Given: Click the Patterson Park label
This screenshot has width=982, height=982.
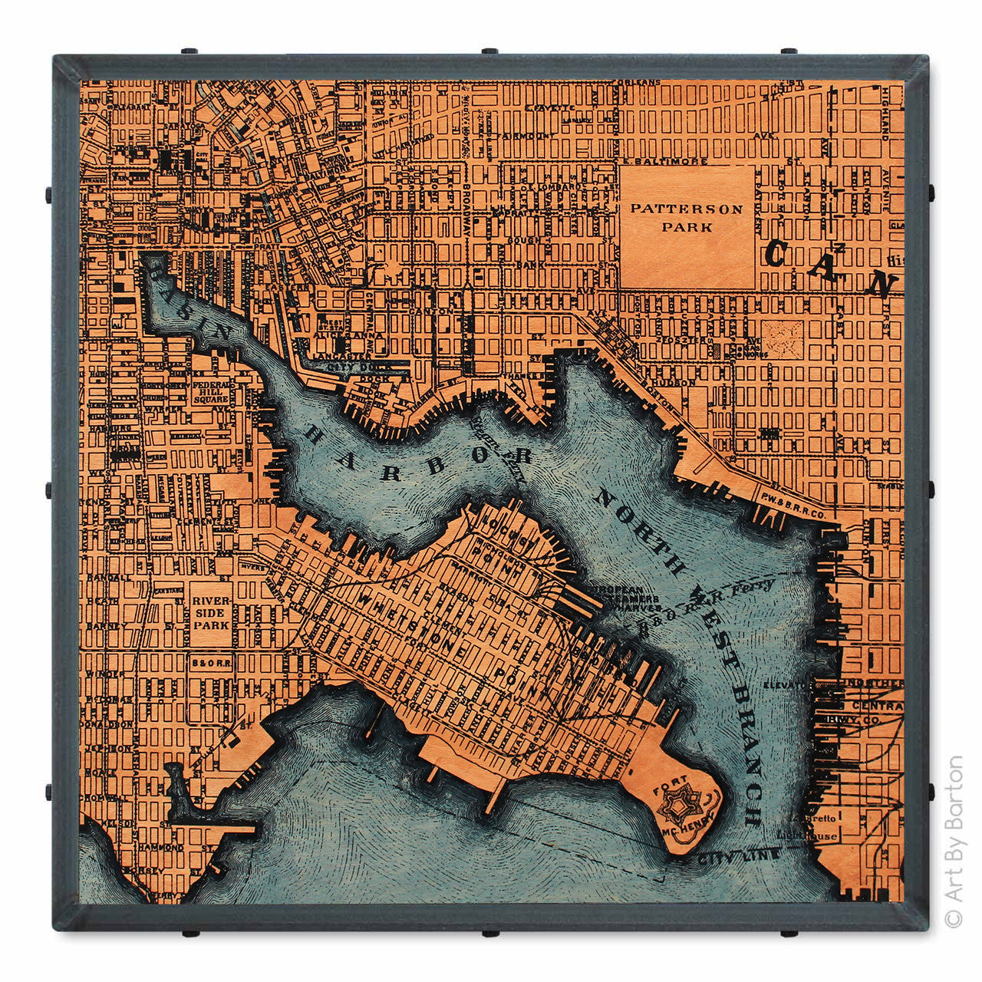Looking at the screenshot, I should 687,217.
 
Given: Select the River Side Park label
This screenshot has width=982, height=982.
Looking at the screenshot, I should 210,613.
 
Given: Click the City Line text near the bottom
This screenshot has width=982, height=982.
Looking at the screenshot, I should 740,854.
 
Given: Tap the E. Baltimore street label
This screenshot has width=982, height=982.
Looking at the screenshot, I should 653,161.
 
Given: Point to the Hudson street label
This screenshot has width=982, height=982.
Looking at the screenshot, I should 672,381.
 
